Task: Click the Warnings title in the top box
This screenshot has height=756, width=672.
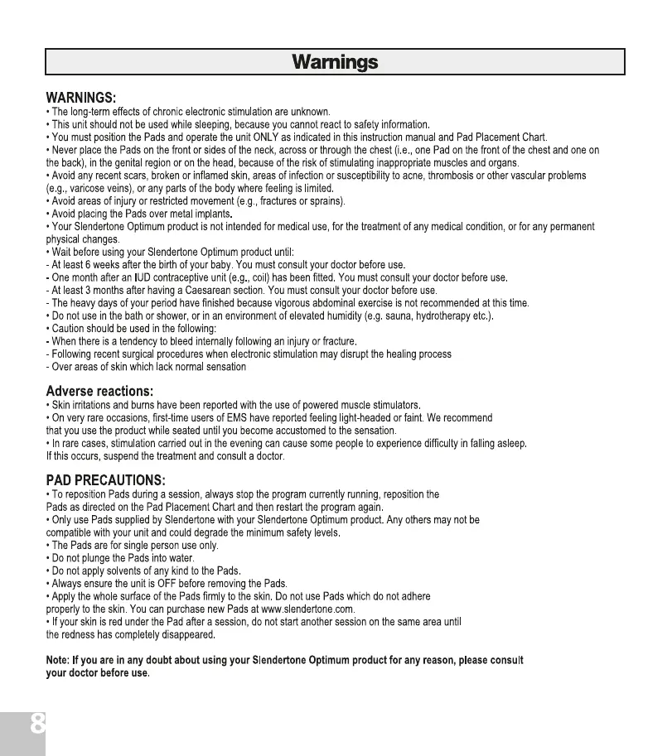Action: [335, 62]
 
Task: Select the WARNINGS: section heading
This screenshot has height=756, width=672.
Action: [86, 99]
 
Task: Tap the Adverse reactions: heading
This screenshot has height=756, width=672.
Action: [99, 391]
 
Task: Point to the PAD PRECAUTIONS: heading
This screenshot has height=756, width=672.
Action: [105, 480]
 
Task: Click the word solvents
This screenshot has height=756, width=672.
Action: [111, 571]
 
